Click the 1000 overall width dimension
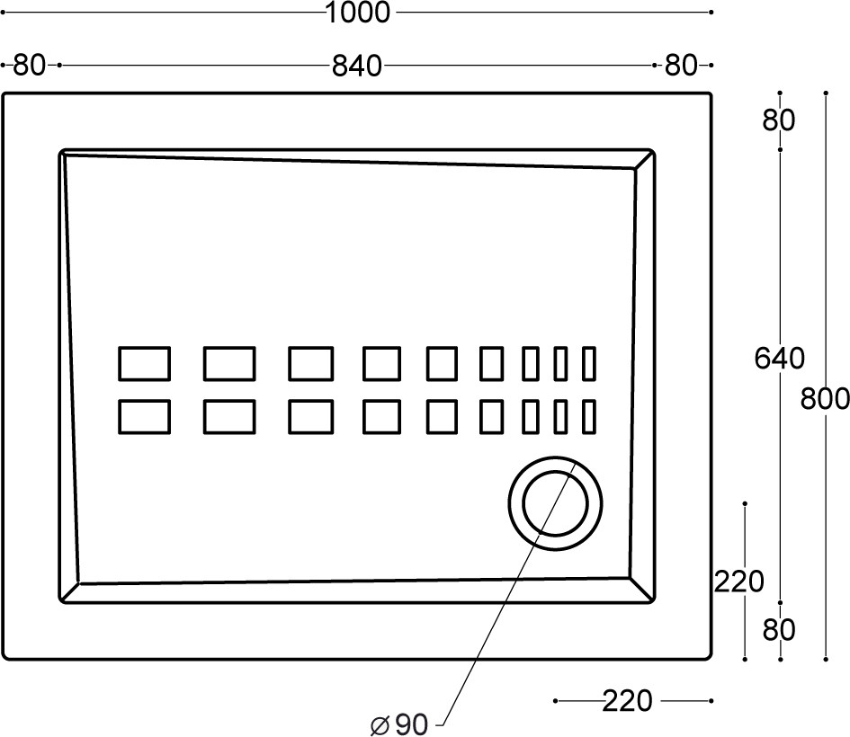(x=358, y=13)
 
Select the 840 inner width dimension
(x=357, y=67)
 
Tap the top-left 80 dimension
(x=29, y=66)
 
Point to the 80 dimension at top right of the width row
(x=680, y=66)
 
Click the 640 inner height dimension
(x=780, y=358)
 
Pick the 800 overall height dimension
(x=825, y=399)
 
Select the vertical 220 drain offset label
(x=738, y=582)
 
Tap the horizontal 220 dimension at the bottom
(x=627, y=701)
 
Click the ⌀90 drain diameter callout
(x=399, y=724)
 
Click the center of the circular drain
(x=555, y=503)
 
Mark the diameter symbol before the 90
(x=380, y=725)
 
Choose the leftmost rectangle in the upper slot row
(x=144, y=363)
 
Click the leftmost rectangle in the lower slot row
(x=144, y=417)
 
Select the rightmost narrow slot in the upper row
(x=589, y=363)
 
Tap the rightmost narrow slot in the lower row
(x=589, y=417)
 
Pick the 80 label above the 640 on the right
(x=778, y=120)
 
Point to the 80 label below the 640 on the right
(x=778, y=630)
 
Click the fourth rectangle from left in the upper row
(x=381, y=363)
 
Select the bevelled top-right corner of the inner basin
(x=644, y=159)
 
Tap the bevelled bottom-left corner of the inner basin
(x=69, y=593)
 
